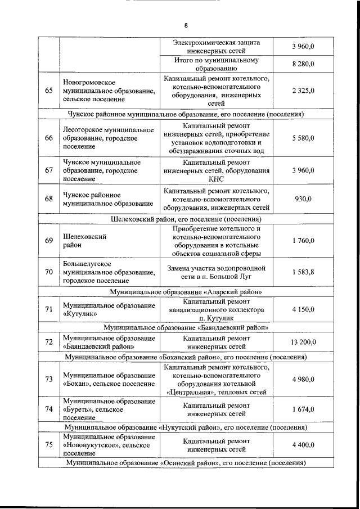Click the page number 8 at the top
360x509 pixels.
186,25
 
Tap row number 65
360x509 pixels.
49,91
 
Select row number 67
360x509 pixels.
49,170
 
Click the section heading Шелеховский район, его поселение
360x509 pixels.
186,219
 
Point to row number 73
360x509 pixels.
49,379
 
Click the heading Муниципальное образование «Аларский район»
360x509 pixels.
186,292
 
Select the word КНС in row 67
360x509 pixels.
216,179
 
